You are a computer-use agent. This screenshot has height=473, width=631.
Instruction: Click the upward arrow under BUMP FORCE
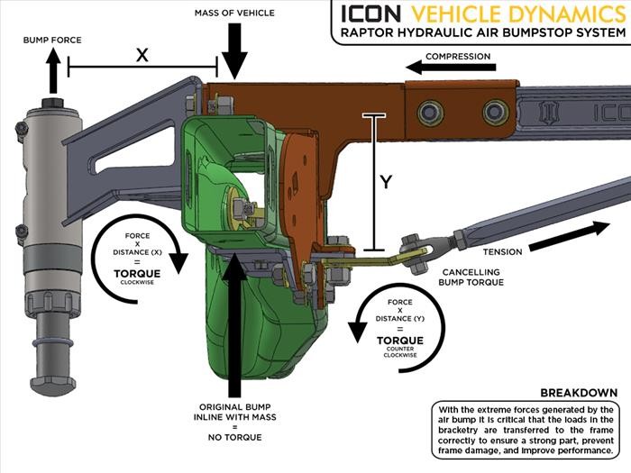(x=55, y=69)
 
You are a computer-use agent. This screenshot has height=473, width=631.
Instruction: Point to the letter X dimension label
(x=142, y=54)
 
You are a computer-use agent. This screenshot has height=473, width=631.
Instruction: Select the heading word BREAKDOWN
(x=578, y=393)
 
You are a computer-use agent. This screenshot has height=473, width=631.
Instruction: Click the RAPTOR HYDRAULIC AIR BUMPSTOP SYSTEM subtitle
(x=478, y=33)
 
